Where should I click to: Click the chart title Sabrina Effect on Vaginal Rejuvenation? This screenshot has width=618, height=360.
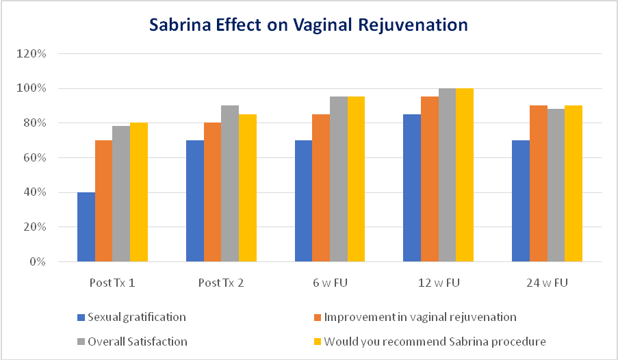[x=309, y=25]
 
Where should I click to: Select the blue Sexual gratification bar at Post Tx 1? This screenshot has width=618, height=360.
[x=86, y=227]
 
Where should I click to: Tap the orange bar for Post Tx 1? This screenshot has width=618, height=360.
[x=103, y=201]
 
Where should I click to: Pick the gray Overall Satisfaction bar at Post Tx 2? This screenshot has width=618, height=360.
[x=230, y=183]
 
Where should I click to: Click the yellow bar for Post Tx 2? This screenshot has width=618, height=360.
[x=247, y=188]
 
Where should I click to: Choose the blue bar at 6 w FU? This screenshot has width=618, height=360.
[x=303, y=201]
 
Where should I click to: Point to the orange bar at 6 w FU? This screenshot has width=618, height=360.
[x=321, y=188]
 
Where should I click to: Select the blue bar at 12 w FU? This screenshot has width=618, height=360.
[x=412, y=188]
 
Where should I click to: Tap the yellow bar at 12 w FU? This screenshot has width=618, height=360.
[x=465, y=175]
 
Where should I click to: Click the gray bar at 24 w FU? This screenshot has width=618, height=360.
[x=556, y=185]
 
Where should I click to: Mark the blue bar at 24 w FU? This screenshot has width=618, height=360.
[x=521, y=201]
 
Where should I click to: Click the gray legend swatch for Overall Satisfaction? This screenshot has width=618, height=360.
[x=81, y=341]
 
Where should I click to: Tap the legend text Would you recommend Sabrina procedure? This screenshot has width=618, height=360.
[x=435, y=341]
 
